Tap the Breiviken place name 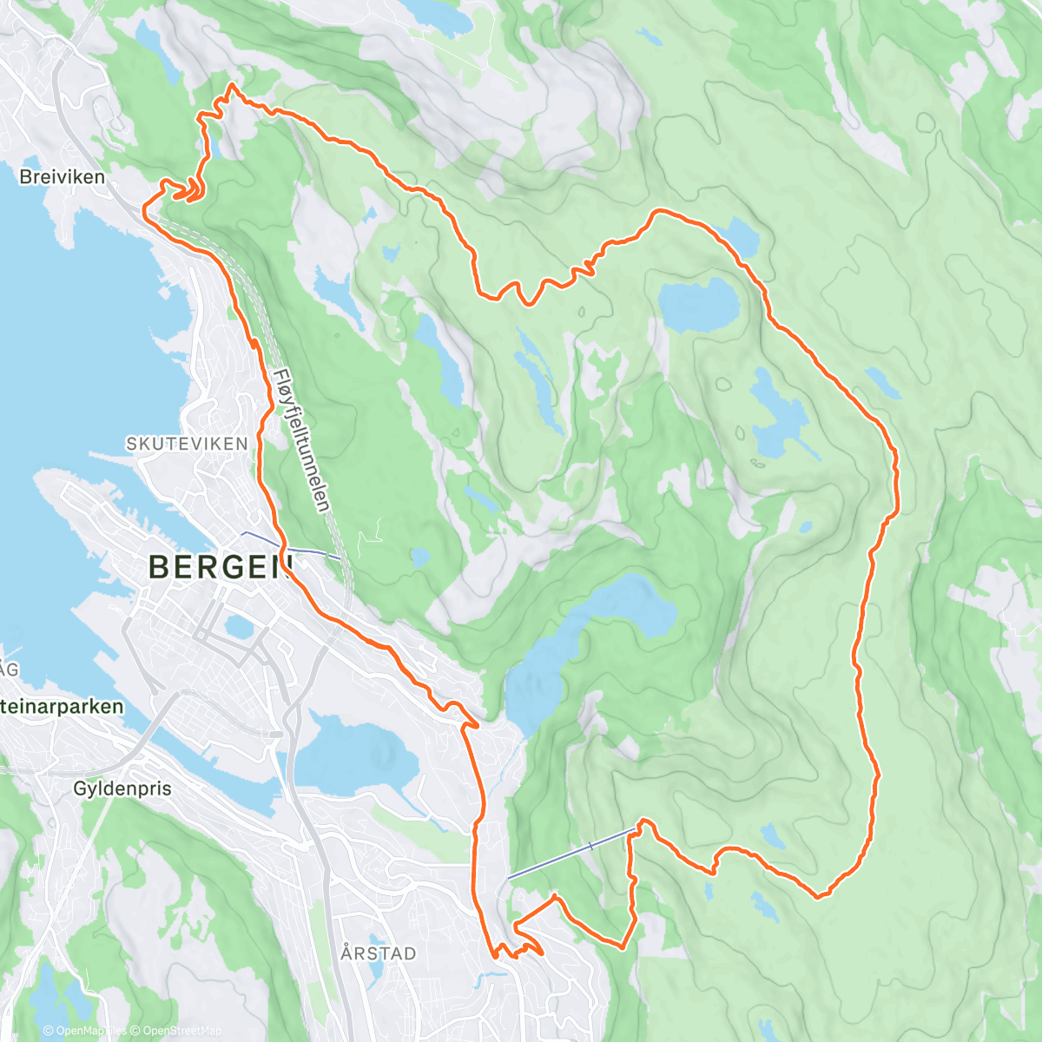[x=63, y=177]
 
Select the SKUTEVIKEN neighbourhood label [x=188, y=444]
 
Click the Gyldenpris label [x=122, y=789]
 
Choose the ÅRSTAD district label [x=379, y=953]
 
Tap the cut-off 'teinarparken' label [x=63, y=707]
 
